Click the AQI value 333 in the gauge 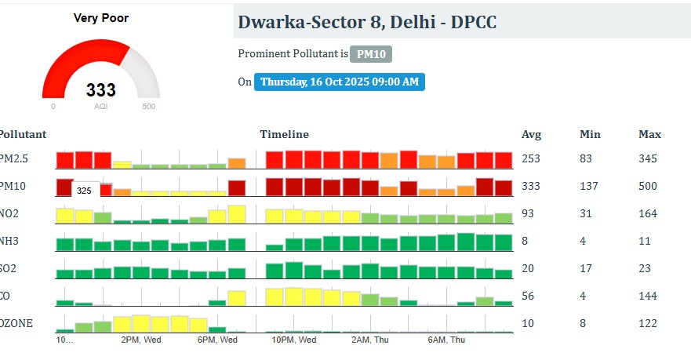pos(101,90)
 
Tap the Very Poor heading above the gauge pos(101,17)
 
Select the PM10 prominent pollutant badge pos(370,54)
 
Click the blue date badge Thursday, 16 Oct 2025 pos(339,82)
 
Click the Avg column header pos(531,134)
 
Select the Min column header pos(590,134)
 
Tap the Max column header pos(649,134)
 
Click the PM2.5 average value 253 pos(531,159)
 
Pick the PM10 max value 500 pos(648,187)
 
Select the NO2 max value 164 pos(648,214)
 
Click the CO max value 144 pos(648,296)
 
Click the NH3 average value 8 pos(525,242)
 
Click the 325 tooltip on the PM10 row pos(84,191)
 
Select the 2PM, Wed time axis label pos(141,340)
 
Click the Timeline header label pos(284,134)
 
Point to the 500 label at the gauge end pos(148,107)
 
